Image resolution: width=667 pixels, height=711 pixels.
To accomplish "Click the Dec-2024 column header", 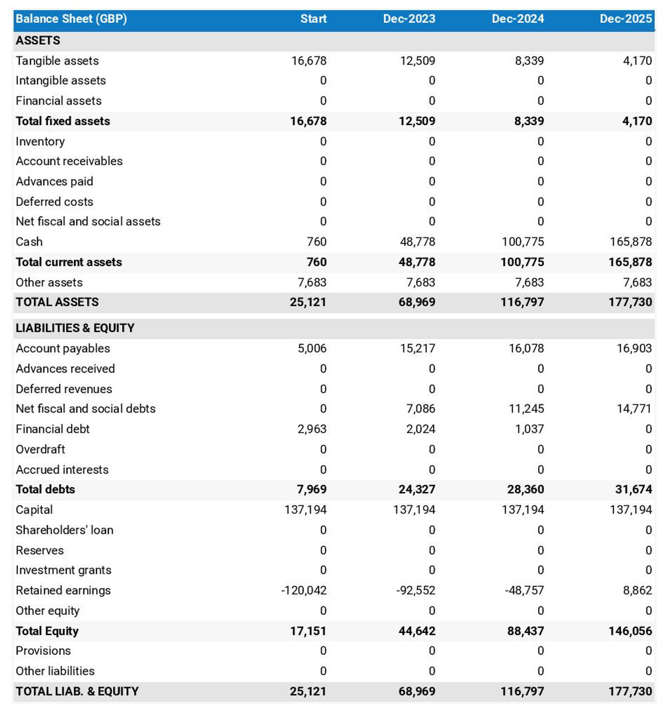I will pos(517,19).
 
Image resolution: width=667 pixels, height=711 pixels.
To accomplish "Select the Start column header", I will pos(313,19).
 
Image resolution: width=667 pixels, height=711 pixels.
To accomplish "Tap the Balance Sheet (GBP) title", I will pos(71,19).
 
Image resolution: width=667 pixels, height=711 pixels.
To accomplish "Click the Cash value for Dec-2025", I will pos(630,242).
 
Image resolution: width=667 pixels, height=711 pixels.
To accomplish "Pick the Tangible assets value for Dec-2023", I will pos(417,61).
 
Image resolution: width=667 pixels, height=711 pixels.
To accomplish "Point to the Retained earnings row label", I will pos(63,590).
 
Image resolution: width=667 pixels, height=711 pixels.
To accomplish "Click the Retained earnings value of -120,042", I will pos(304,590).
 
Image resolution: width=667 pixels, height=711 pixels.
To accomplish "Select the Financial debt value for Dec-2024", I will pos(529,429).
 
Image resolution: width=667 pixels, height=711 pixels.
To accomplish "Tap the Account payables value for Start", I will pos(312,349).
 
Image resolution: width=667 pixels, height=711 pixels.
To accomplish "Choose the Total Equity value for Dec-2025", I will pos(630,631).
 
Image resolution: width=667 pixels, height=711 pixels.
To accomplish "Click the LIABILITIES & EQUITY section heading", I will pos(75,328).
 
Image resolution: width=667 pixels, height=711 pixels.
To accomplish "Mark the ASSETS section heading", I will pos(38,41).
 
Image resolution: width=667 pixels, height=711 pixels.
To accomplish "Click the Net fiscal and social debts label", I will pos(86,409).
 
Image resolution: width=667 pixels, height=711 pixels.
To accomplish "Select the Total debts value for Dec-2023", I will pos(417,489).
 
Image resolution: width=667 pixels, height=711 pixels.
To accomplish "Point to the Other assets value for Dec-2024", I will pos(529,282).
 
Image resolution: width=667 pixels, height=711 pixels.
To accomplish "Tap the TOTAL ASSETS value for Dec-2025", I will pos(630,302).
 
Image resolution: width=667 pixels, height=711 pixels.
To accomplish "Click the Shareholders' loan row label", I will pos(64,530).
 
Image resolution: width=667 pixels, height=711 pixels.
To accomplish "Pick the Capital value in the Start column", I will pos(306,510).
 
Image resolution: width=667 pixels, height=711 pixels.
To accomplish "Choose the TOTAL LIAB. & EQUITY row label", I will pos(77,692).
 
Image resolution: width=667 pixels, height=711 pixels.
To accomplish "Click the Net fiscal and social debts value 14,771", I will pos(634,409).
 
